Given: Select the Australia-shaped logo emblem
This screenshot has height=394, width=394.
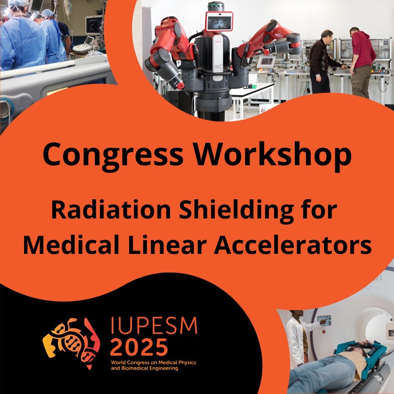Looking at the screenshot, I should pos(72,341).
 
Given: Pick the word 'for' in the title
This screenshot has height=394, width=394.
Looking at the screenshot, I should pos(319,211).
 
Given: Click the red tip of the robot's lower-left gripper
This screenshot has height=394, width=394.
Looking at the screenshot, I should pos(180,85).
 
